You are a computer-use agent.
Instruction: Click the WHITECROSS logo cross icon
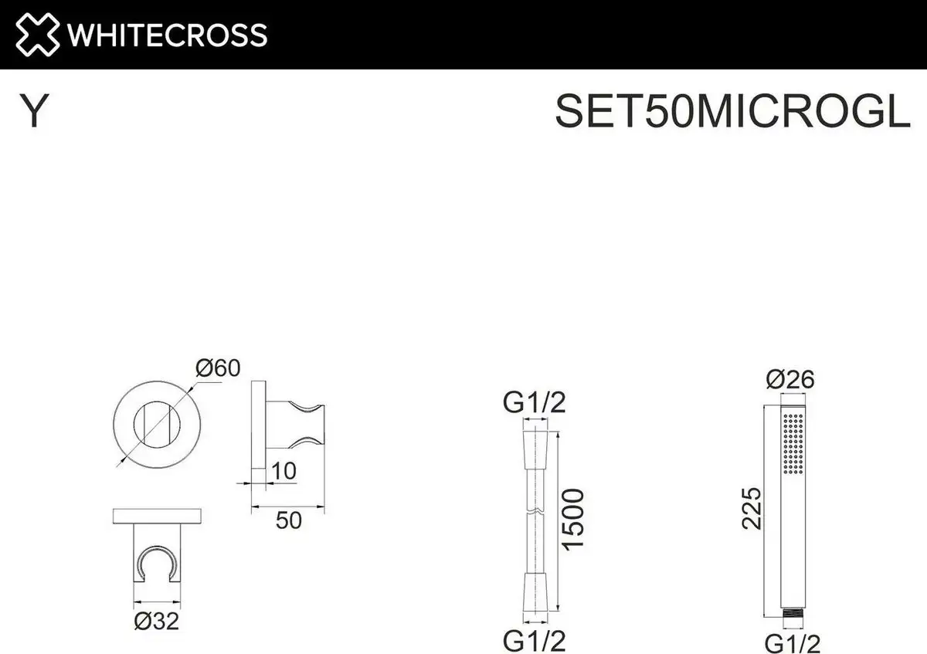point(37,35)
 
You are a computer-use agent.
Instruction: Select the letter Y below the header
point(34,113)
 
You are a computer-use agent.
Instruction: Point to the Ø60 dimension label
point(217,369)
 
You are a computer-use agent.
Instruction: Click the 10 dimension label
point(284,471)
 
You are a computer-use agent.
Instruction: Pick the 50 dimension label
point(289,520)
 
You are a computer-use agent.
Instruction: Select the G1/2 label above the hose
point(535,402)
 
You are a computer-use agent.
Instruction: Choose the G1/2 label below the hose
point(535,640)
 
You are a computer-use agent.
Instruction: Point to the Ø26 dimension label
point(790,380)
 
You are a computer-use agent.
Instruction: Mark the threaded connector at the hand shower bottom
point(793,615)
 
